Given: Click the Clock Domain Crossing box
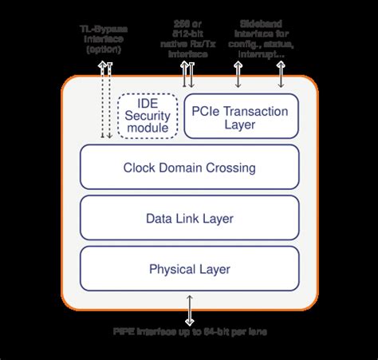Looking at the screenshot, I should pos(189,168).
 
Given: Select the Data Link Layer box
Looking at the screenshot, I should pos(189,218).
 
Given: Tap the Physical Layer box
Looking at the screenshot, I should pos(189,269).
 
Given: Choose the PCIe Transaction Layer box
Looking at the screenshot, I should pos(242,117).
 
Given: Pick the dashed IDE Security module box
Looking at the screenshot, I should pos(148,117).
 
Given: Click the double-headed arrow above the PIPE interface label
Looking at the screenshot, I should pos(189,307).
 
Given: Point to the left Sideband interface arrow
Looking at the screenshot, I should pos(238,73).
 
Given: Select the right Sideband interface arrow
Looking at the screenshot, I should pos(280,73).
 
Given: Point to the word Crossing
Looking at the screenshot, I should pos(229,168).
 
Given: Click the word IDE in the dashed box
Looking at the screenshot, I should pos(148,104).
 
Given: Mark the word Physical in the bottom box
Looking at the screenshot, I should pos(172,269).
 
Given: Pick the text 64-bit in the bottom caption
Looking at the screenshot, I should pos(212,330).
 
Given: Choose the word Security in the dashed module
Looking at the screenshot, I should pos(148,116).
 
